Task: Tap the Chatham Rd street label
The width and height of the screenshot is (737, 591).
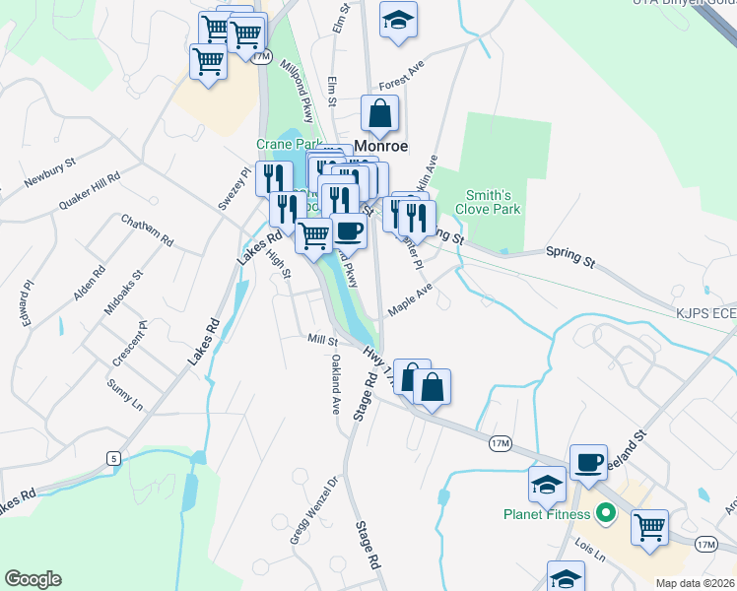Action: click(148, 230)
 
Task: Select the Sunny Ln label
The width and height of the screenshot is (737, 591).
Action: click(124, 392)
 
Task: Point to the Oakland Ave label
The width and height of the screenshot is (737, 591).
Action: click(336, 383)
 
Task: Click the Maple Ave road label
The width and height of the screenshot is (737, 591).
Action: click(410, 295)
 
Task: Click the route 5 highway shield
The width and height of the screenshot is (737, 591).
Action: click(113, 457)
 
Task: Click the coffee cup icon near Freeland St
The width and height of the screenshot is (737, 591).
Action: click(589, 461)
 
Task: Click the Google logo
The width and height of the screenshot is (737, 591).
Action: click(33, 579)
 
